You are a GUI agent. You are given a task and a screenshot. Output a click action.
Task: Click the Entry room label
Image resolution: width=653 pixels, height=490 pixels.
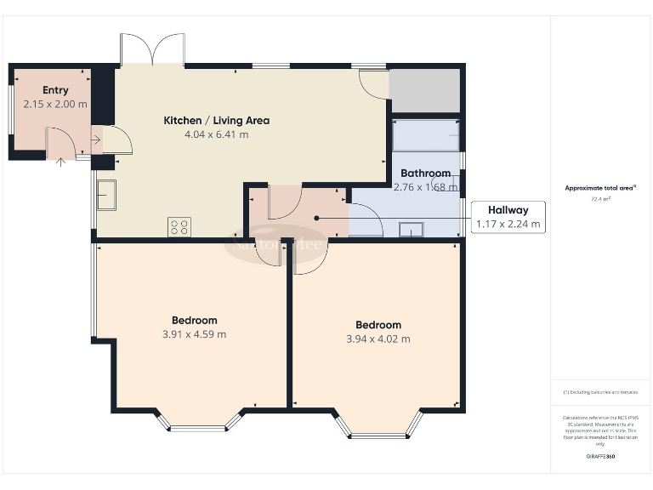click(x=55, y=90)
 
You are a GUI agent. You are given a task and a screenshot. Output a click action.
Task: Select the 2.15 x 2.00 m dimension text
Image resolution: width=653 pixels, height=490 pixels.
click(x=55, y=104)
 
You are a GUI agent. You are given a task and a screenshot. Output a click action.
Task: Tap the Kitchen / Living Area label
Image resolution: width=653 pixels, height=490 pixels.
click(x=216, y=121)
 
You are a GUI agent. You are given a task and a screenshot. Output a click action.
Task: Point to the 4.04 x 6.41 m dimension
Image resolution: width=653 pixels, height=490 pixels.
click(x=216, y=134)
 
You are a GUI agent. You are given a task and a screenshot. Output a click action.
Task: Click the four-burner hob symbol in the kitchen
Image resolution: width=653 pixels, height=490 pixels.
click(x=179, y=226)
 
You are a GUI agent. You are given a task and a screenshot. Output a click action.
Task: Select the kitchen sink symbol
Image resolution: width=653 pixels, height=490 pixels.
click(x=106, y=195)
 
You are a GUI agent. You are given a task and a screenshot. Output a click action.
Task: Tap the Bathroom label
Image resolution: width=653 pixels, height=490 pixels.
click(x=425, y=174)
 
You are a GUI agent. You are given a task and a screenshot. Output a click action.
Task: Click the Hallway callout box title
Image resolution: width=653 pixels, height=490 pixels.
click(x=508, y=210)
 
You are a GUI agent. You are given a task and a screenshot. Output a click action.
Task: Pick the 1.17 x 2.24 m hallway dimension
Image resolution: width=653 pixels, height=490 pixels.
click(x=508, y=225)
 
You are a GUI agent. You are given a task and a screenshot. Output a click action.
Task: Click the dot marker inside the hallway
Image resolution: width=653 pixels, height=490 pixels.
click(x=316, y=218)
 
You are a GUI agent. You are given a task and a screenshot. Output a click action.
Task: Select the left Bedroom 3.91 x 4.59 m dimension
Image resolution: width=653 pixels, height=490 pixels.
click(x=194, y=334)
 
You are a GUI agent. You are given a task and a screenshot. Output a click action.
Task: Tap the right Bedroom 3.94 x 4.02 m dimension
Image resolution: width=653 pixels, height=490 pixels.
click(x=378, y=339)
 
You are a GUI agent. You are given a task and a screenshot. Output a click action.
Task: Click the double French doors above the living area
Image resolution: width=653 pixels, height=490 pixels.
click(x=152, y=49)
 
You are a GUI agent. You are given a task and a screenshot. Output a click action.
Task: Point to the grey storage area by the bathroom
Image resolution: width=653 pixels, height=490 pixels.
click(x=424, y=88)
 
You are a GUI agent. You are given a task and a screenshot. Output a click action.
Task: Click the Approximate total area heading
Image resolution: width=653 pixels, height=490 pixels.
click(x=600, y=188)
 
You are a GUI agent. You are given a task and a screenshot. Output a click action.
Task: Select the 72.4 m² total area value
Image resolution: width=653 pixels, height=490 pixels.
click(x=600, y=198)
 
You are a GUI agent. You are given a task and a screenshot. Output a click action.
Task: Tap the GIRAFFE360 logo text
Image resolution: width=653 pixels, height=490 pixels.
click(x=600, y=457)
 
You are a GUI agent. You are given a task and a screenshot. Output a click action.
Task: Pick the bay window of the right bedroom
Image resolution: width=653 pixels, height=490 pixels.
click(x=378, y=430)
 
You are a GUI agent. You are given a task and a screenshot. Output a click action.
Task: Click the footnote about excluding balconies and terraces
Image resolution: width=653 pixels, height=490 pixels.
click(x=600, y=392)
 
